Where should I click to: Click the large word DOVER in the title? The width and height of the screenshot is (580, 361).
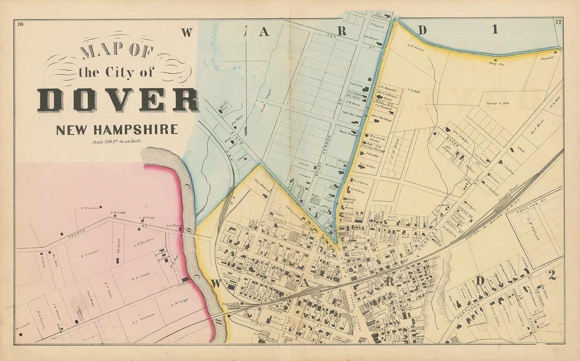click(x=118, y=100)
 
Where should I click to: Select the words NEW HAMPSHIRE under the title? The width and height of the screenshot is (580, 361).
click(x=117, y=130)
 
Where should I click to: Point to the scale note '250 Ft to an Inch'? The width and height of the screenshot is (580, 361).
click(x=117, y=141)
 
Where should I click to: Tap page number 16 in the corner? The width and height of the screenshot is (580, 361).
click(x=20, y=24)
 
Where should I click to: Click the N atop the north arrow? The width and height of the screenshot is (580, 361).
click(x=246, y=27)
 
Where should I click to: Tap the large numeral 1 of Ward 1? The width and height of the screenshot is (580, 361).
click(x=495, y=30)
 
